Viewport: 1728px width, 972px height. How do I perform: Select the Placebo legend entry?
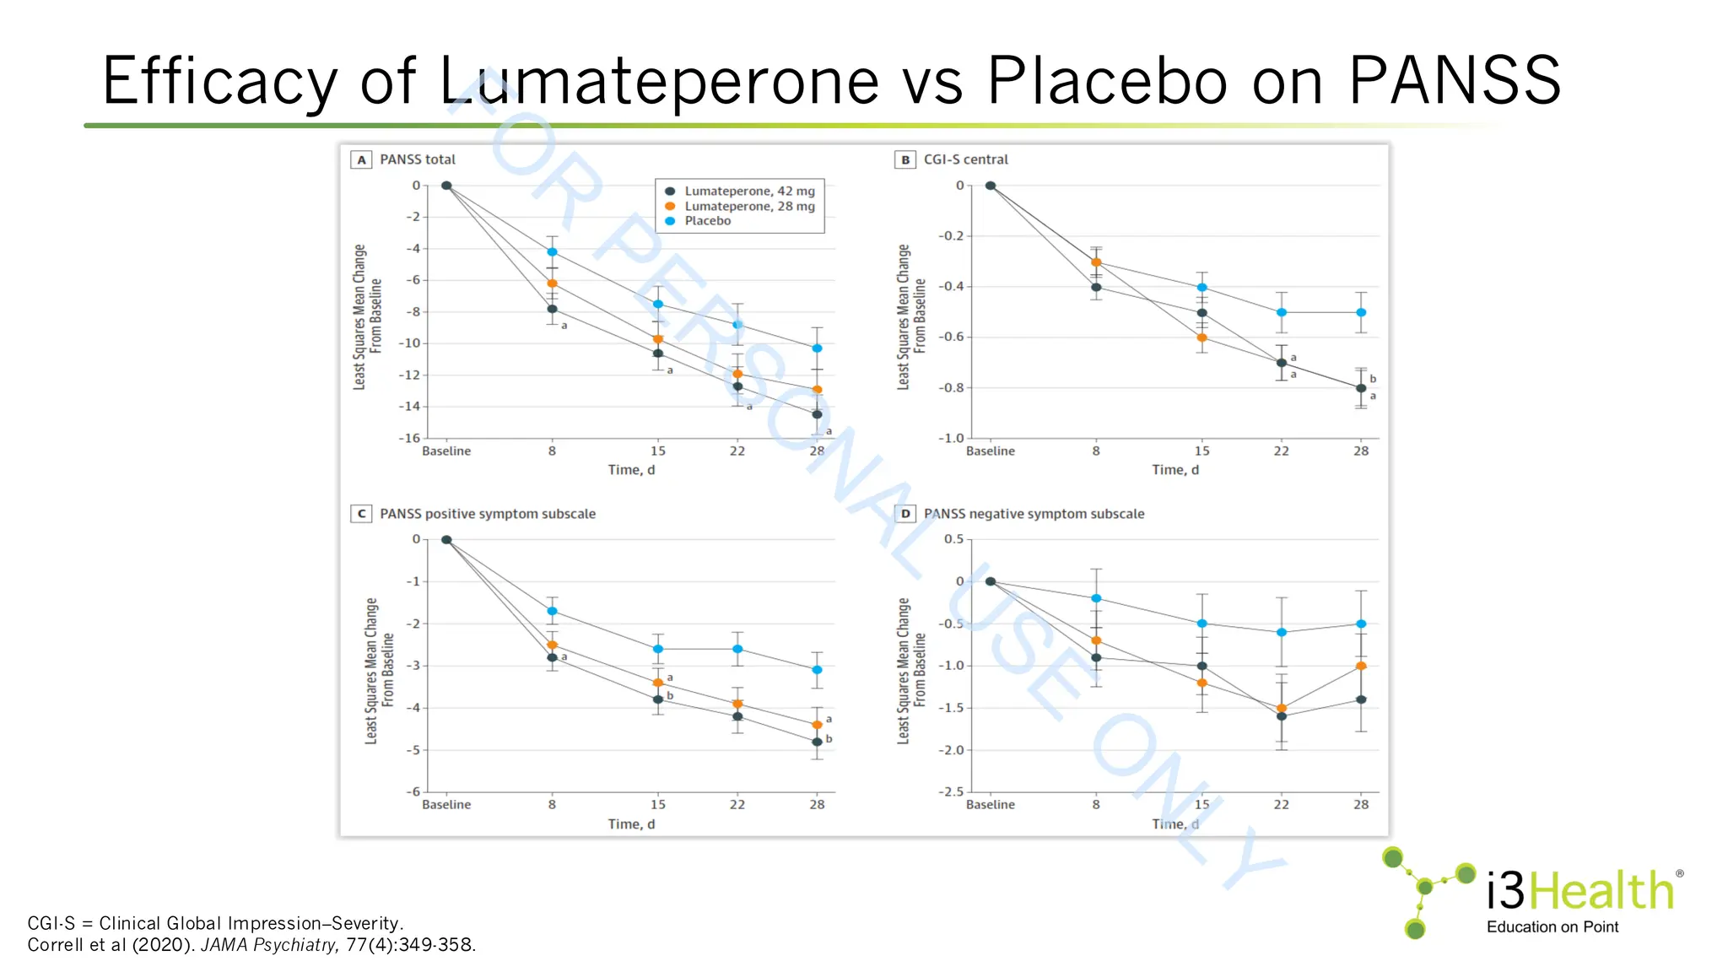[707, 221]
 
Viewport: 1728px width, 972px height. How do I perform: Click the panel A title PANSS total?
[417, 159]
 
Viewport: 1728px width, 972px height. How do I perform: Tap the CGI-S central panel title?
[965, 159]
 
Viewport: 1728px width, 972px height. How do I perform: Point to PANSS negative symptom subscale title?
[1034, 514]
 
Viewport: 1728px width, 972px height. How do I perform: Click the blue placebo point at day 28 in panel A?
[817, 348]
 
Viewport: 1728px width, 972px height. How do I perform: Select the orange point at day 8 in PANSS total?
[552, 283]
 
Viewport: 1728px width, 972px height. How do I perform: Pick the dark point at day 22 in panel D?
[1282, 716]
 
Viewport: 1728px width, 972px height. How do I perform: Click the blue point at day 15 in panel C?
[658, 649]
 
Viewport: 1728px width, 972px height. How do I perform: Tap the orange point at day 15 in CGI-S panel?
[1201, 337]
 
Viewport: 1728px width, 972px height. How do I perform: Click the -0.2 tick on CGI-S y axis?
[951, 236]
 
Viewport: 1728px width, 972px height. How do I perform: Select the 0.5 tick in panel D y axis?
[953, 539]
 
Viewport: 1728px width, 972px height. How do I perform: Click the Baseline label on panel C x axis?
[446, 805]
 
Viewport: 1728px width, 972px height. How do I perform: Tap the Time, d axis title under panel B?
[1174, 470]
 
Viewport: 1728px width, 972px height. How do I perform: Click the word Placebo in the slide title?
[1106, 81]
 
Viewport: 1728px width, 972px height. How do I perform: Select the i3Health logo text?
[1580, 891]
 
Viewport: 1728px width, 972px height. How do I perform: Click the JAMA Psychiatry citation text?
[268, 945]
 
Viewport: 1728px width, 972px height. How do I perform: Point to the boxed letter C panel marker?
[361, 514]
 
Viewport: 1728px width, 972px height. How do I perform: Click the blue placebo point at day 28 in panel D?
[1361, 624]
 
